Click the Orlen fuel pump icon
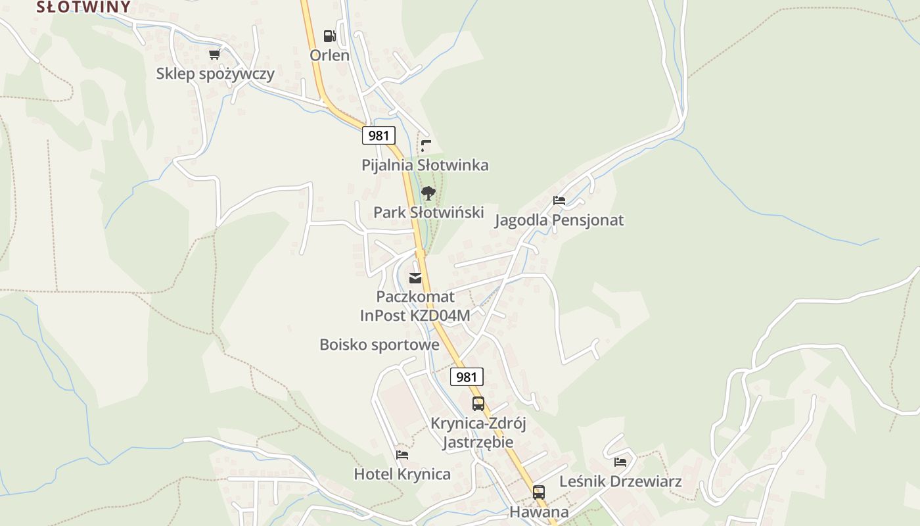[329, 36]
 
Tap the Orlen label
[329, 55]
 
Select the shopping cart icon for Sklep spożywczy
[214, 55]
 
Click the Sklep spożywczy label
[215, 74]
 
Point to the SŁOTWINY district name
[83, 7]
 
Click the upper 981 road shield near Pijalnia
[379, 135]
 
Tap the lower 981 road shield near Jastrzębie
[467, 377]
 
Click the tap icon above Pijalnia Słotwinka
[426, 145]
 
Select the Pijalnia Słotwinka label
[425, 165]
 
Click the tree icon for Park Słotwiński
[428, 193]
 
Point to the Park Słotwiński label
[428, 212]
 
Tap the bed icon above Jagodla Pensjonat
[559, 200]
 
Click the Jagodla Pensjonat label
[559, 220]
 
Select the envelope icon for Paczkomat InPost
[415, 278]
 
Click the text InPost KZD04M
[415, 316]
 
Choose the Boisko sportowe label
[379, 345]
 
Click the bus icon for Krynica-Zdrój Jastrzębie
[478, 404]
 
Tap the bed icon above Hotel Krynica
[402, 454]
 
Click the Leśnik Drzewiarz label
[620, 481]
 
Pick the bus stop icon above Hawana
[539, 492]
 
